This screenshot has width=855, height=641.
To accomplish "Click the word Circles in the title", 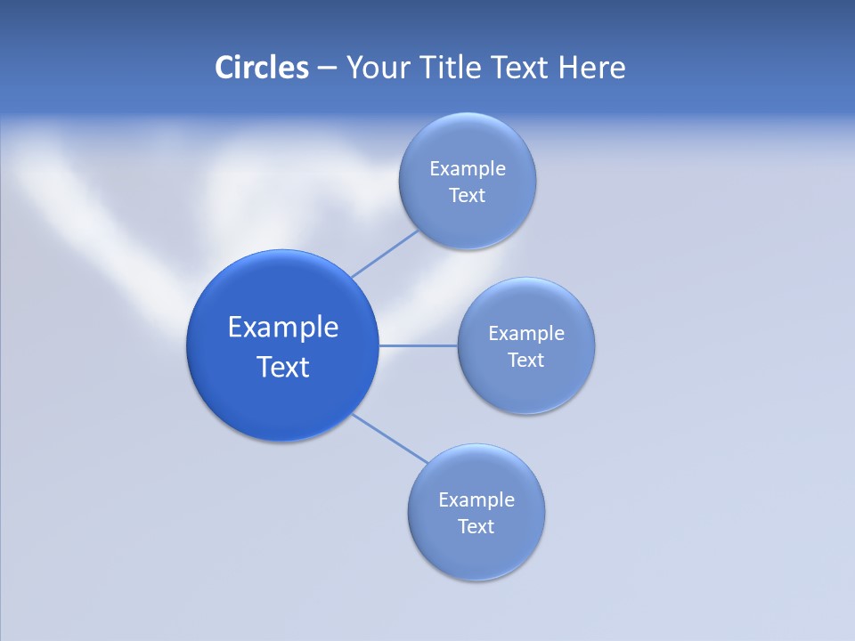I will (261, 68).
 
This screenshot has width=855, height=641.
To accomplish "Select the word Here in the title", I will (591, 68).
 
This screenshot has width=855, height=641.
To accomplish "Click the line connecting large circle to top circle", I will (385, 254).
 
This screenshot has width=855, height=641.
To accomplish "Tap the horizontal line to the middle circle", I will (419, 345).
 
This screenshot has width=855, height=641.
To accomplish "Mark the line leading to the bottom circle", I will (390, 438).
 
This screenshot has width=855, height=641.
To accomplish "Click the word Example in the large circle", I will (283, 327).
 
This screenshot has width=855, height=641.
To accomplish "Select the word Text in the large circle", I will (283, 367).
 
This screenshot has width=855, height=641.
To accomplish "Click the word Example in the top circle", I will (468, 168).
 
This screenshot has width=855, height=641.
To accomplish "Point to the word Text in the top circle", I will (468, 195).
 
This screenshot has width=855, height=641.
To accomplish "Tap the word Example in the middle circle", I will (526, 333).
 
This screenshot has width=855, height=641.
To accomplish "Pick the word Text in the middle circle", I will (526, 360).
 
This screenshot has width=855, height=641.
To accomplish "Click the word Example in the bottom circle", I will (476, 499).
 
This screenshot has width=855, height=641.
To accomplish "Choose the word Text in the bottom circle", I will (476, 526).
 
